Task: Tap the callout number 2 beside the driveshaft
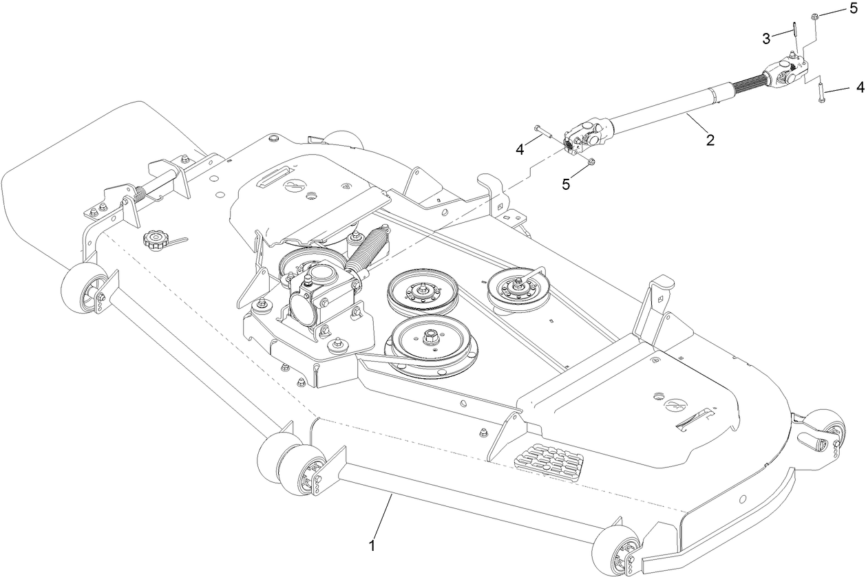click(710, 140)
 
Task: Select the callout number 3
click(766, 39)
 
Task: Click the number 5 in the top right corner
click(854, 10)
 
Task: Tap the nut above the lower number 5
click(591, 162)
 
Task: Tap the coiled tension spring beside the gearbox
click(369, 250)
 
